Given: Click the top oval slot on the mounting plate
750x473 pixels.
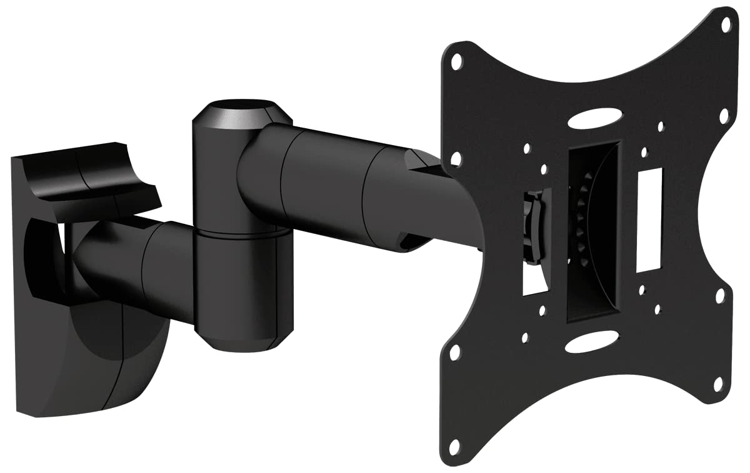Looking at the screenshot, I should [x=594, y=119].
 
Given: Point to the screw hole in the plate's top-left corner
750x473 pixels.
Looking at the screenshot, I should [x=457, y=61].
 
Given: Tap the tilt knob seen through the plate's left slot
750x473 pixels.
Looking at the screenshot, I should [x=532, y=228].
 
